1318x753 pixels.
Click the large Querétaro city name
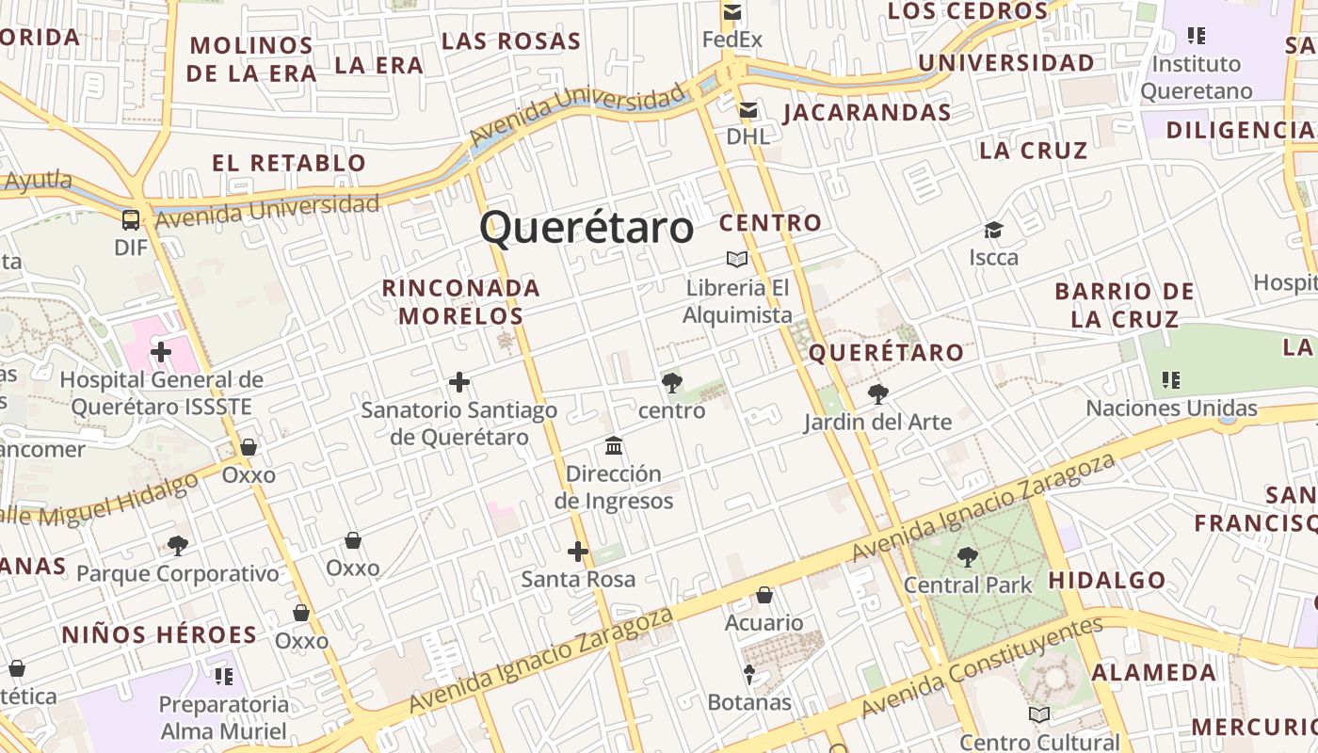[x=587, y=228]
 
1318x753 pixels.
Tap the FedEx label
[x=732, y=40]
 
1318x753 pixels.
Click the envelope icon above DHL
[x=748, y=111]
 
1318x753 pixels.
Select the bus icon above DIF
[x=131, y=220]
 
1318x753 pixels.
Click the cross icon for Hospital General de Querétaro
[x=161, y=352]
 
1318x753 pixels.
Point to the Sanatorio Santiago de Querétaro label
[x=459, y=424]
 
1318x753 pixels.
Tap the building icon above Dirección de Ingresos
[x=614, y=445]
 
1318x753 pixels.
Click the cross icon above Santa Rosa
[x=578, y=552]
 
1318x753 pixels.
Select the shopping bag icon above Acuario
[x=764, y=595]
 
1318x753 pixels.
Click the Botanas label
[x=749, y=702]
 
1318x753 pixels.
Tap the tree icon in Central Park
[x=967, y=557]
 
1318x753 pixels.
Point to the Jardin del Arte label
[x=877, y=422]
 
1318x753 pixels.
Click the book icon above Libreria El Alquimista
[x=737, y=259]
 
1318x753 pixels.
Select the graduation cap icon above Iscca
[x=993, y=230]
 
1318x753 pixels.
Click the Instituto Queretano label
[x=1197, y=77]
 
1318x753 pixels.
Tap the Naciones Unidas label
[x=1171, y=408]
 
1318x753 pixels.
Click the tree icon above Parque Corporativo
[x=177, y=545]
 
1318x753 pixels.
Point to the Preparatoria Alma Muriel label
[x=224, y=717]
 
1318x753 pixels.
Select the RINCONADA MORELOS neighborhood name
[x=461, y=301]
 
